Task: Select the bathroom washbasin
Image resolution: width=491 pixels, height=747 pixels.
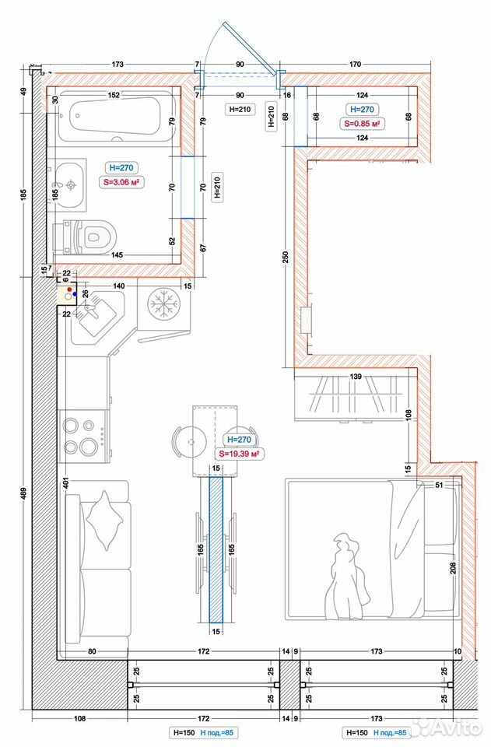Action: [x=68, y=185]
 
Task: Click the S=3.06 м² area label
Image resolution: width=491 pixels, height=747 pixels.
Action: [x=121, y=182]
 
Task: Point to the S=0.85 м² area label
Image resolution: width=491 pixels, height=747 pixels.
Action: [x=363, y=124]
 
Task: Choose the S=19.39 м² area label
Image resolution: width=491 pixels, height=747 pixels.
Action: [x=240, y=454]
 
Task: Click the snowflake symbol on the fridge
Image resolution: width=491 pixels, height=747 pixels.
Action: [x=163, y=303]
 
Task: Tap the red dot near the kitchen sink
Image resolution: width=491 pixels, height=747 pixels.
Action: [x=69, y=289]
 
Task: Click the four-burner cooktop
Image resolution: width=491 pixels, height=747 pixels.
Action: [x=84, y=437]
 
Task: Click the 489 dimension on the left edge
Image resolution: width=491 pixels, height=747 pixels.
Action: [x=24, y=492]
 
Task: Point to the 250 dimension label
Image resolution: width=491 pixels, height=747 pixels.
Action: [x=286, y=258]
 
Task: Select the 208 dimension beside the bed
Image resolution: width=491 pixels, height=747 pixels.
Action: [x=453, y=567]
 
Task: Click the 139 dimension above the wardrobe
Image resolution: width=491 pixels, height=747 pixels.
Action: [x=356, y=377]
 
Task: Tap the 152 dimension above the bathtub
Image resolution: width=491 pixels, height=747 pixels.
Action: [x=114, y=95]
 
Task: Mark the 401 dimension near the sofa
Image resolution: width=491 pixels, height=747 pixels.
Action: [x=66, y=482]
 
